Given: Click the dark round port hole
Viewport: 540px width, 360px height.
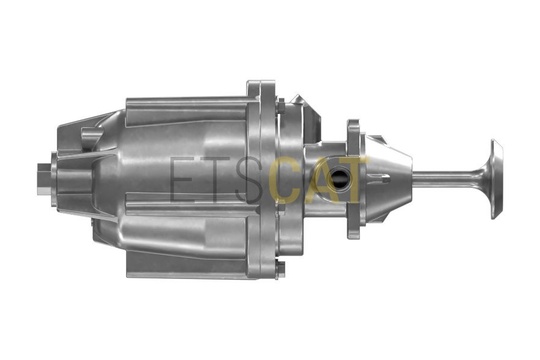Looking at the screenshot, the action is (x=340, y=180).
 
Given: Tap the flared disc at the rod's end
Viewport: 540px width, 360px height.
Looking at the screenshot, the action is (x=496, y=179).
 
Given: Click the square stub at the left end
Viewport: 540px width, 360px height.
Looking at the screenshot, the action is (x=43, y=178).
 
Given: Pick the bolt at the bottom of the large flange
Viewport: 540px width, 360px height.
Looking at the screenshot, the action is (x=281, y=270).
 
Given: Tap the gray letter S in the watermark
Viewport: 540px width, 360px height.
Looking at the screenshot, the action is (x=248, y=179).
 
